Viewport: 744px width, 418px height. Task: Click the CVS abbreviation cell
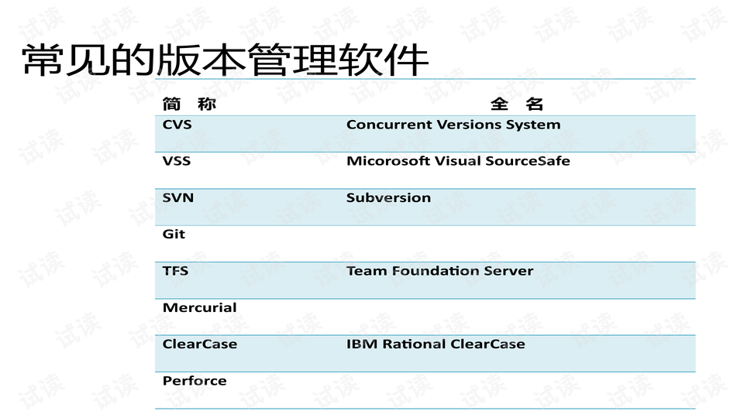[x=177, y=125]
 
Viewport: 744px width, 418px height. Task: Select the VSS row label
[x=177, y=161]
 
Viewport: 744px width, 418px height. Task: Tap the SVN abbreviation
[x=178, y=197]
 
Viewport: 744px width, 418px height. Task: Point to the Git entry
[x=174, y=234]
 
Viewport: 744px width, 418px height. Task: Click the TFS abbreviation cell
[x=176, y=271]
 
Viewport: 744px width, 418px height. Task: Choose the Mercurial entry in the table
[x=200, y=307]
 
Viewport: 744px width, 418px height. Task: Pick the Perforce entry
[x=195, y=381]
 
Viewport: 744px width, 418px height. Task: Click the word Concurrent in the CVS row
[x=389, y=125]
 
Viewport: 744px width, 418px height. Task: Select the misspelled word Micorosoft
[x=388, y=161]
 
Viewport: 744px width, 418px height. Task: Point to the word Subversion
[x=388, y=197]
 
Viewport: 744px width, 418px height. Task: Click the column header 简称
[x=189, y=104]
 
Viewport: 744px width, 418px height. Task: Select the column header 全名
[x=517, y=104]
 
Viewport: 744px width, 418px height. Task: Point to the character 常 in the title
[x=42, y=60]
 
